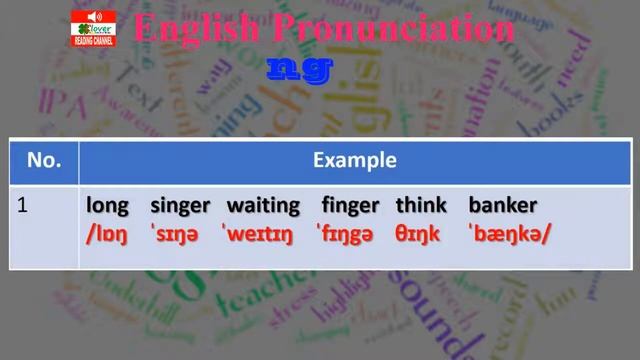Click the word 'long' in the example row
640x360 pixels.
107,207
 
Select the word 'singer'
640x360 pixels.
180,207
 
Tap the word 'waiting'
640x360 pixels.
263,207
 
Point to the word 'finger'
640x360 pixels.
350,207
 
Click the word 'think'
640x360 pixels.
421,206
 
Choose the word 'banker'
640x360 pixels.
503,206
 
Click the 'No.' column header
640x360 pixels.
45,161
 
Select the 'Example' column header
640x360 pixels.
354,161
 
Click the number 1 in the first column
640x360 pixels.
22,207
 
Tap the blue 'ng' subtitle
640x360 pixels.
298,68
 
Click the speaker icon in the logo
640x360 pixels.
97,17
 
